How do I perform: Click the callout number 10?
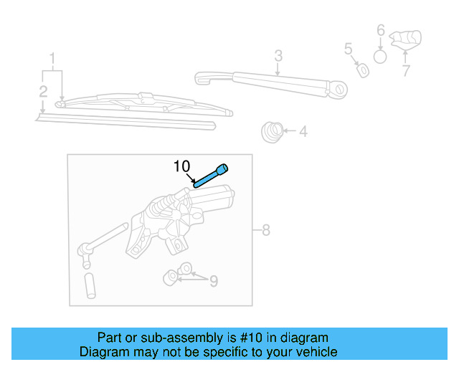183,167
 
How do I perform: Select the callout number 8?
265,230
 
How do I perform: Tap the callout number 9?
213,282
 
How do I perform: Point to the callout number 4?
303,132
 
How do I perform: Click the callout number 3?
278,55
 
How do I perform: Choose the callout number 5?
349,49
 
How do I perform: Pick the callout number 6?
381,31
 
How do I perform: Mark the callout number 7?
405,70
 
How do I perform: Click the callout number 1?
52,57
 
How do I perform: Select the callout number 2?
43,91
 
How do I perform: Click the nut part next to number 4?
271,131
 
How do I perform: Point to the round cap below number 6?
381,56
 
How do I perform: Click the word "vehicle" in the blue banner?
315,352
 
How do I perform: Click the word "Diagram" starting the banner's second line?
103,352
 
